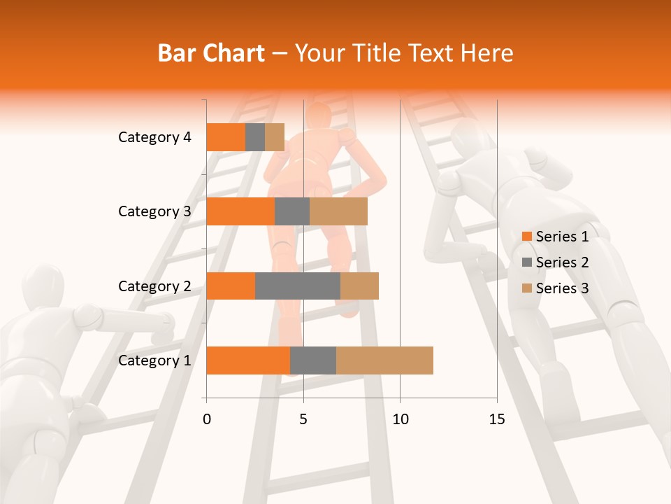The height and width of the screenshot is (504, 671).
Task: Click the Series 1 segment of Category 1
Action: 248,360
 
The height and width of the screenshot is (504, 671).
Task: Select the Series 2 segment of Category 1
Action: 313,360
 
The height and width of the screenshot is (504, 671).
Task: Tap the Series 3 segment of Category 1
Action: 384,360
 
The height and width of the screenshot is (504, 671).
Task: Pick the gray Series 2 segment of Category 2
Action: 298,286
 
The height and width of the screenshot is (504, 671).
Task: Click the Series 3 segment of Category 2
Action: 359,286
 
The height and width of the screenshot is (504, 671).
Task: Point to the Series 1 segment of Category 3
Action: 240,211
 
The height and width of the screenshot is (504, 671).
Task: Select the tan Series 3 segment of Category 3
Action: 338,211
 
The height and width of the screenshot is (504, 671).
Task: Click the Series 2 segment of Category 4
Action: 255,137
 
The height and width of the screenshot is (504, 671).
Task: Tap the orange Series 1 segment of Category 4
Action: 226,137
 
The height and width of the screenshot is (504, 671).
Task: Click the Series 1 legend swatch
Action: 526,237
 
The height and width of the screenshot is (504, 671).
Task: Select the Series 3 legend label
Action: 562,288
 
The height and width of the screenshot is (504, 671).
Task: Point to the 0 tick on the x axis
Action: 207,419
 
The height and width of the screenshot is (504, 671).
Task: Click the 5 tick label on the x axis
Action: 303,419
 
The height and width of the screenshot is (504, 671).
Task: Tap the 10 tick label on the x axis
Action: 400,419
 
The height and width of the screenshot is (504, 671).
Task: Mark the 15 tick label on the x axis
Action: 496,419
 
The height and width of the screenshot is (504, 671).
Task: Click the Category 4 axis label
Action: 154,137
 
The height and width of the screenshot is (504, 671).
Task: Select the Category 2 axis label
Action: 154,286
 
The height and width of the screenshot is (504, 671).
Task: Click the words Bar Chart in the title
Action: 211,53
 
